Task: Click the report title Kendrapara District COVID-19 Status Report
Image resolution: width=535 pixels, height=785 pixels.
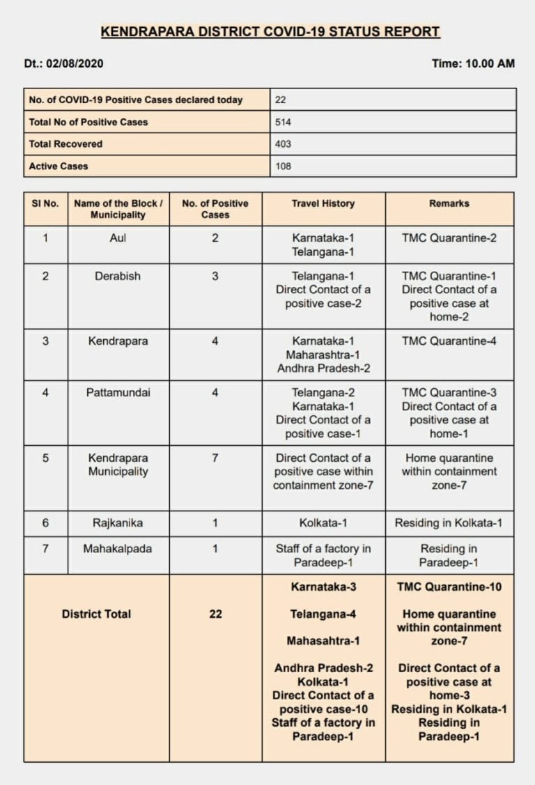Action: (270, 32)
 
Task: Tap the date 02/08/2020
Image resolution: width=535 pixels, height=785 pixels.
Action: (75, 63)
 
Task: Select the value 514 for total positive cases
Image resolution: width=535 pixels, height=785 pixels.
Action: (283, 122)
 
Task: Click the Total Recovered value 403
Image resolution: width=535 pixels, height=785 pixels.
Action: (283, 144)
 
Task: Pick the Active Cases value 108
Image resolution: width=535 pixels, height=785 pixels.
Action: (283, 166)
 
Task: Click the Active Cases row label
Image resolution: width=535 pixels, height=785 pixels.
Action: (59, 166)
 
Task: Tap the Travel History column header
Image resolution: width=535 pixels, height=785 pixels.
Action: (323, 203)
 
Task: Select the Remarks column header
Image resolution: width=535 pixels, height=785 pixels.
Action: (449, 203)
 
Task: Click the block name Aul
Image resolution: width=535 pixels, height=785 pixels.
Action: (118, 238)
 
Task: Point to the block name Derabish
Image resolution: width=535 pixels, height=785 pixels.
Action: (118, 276)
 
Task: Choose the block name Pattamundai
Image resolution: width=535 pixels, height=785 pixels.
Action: (118, 393)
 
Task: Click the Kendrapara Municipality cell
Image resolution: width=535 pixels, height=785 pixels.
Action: (118, 465)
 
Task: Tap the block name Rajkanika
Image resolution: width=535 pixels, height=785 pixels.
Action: (118, 523)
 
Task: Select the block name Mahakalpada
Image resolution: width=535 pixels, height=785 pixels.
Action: (118, 549)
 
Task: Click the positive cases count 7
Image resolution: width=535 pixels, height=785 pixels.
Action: (215, 458)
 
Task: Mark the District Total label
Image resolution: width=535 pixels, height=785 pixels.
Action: (96, 614)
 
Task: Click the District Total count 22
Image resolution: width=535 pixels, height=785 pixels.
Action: (215, 614)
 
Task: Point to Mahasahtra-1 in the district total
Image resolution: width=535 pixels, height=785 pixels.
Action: (323, 640)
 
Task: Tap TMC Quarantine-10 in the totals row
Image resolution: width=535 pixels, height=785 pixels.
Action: (449, 586)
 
